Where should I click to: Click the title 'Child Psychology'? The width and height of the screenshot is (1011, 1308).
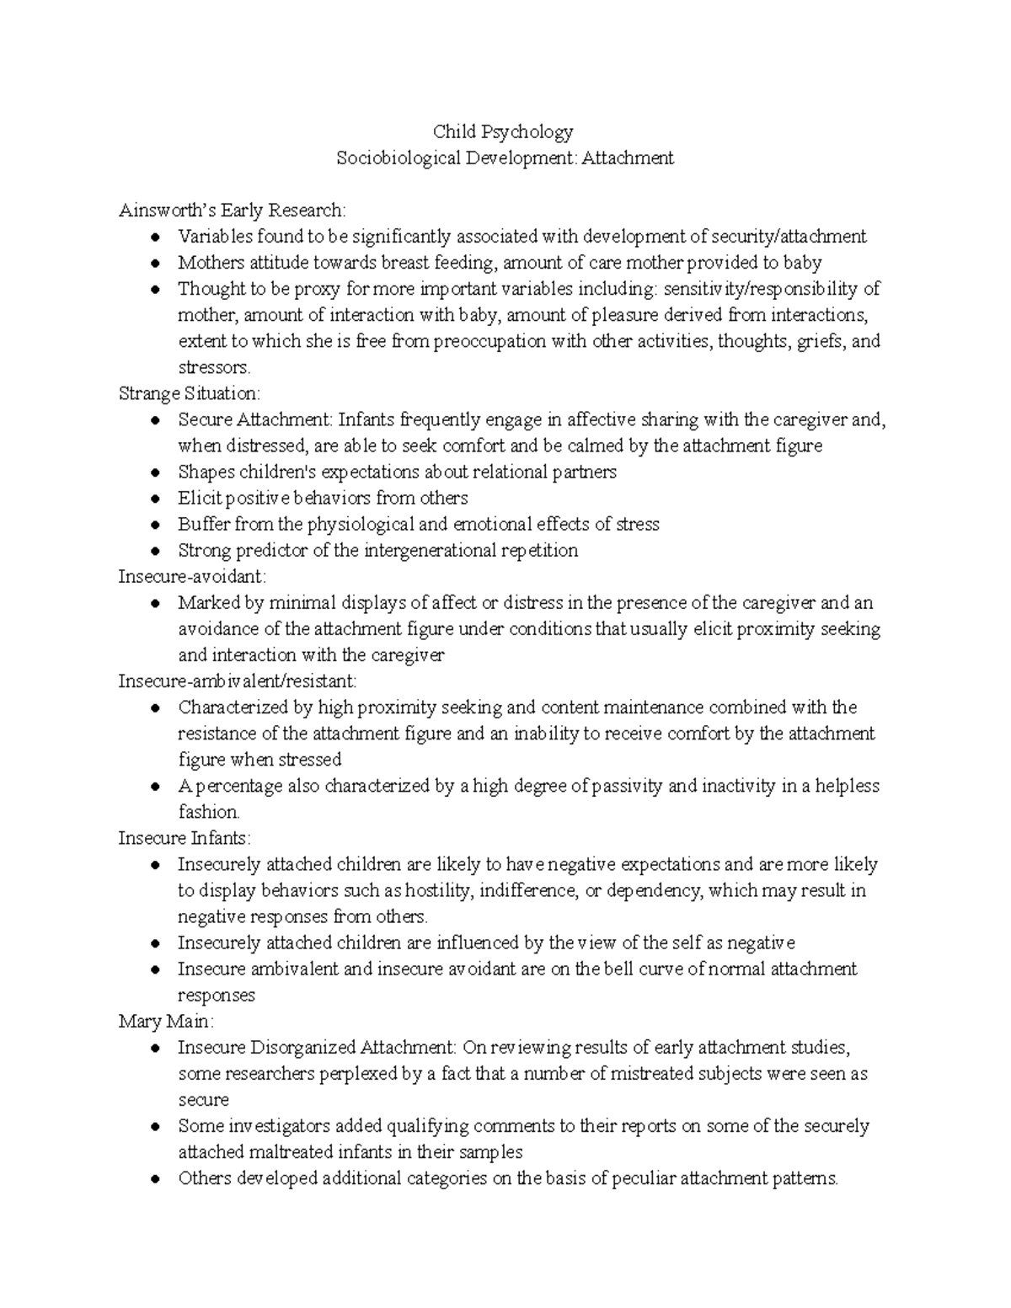point(503,131)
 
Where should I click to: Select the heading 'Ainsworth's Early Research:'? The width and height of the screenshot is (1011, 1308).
point(232,210)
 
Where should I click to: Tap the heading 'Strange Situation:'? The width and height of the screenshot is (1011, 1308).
point(190,393)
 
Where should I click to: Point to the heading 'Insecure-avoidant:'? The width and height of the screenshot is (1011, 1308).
point(192,577)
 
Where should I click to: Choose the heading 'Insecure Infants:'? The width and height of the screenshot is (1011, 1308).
point(185,838)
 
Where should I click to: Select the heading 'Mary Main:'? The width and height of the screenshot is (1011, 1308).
point(167,1022)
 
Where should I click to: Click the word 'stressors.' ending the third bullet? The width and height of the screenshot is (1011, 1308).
point(214,367)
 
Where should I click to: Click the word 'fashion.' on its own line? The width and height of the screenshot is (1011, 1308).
point(209,812)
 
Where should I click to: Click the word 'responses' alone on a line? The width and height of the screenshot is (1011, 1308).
point(217,996)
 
